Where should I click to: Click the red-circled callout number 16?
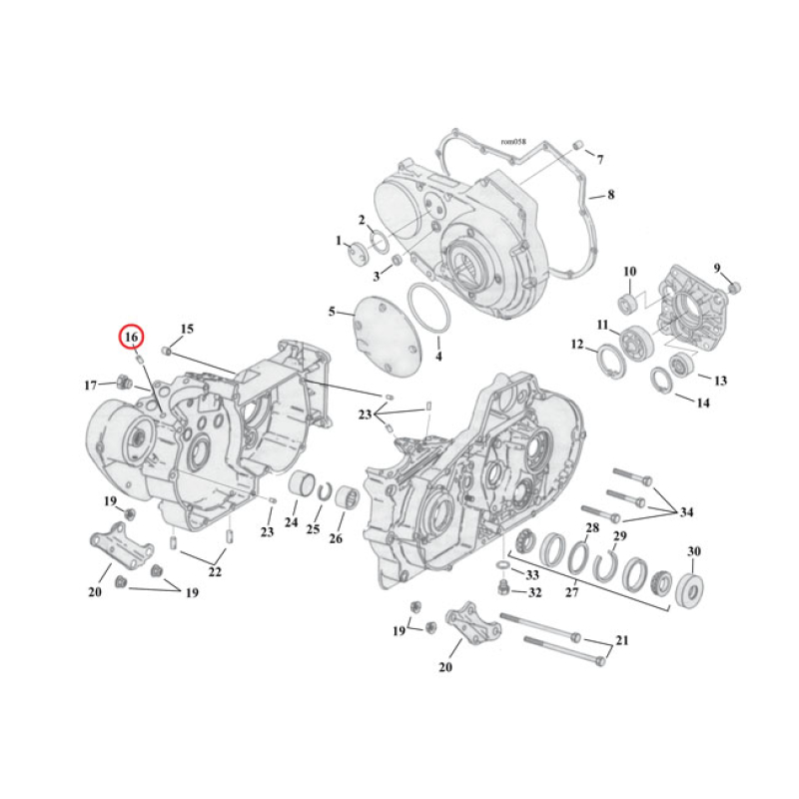click(x=132, y=339)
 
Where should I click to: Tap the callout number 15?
click(x=187, y=330)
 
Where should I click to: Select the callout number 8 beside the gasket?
click(x=610, y=195)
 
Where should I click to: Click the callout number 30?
click(x=694, y=552)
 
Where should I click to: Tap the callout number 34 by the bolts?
click(x=685, y=513)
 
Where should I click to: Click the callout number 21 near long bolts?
click(x=622, y=641)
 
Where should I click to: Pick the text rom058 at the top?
click(x=512, y=142)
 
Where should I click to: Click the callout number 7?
click(x=600, y=160)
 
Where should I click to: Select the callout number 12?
click(x=576, y=345)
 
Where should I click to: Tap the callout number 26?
click(x=336, y=539)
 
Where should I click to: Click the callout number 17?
click(x=90, y=386)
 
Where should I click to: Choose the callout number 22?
click(x=215, y=572)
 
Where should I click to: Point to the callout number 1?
click(x=339, y=241)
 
